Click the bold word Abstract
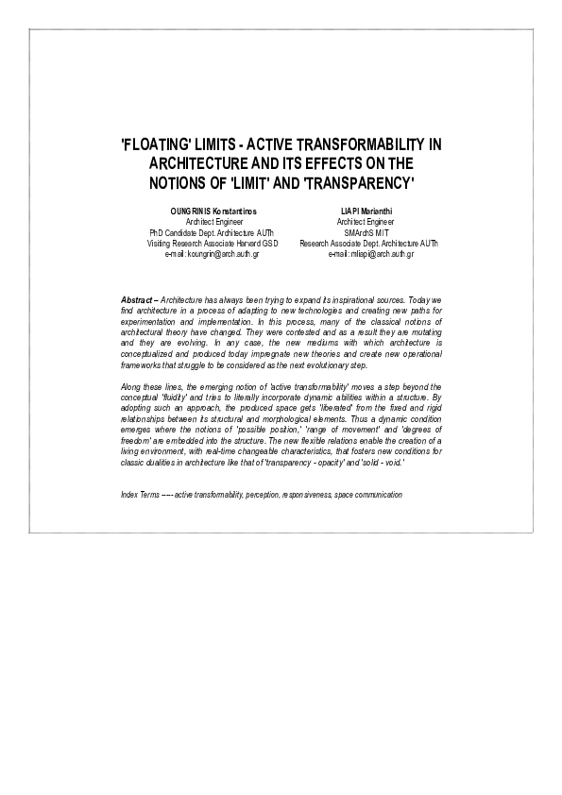[137, 299]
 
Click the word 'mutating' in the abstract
[421, 331]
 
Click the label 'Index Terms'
[141, 495]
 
